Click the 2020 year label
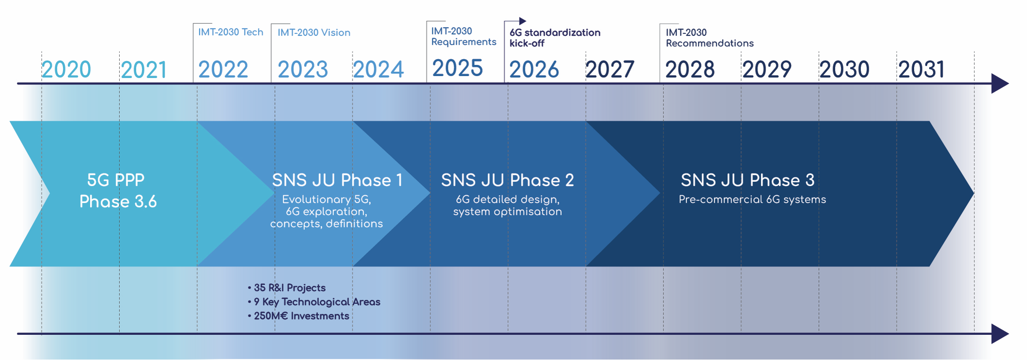(66, 70)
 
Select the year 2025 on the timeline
(457, 68)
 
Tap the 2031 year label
(921, 70)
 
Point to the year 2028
(690, 70)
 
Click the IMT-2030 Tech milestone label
(231, 32)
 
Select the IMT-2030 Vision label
(314, 32)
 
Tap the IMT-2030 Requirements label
(463, 36)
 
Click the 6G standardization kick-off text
(554, 38)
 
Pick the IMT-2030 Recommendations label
(709, 38)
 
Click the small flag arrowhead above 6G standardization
(522, 21)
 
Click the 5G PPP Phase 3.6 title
(117, 190)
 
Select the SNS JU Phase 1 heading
(337, 180)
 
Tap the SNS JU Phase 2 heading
(507, 180)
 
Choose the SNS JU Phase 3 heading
(747, 180)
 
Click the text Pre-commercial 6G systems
(752, 200)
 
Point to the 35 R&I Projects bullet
(289, 288)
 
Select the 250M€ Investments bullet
(300, 316)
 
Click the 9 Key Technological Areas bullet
(316, 302)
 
